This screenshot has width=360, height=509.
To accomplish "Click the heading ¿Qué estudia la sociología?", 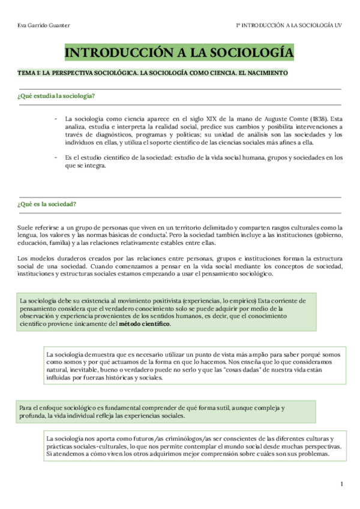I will pyautogui.click(x=56, y=96).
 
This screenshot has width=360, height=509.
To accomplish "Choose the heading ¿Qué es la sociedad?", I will pyautogui.click(x=47, y=204).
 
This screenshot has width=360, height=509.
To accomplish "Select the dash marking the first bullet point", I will pyautogui.click(x=56, y=118).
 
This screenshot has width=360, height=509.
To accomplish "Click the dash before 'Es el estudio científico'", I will pyautogui.click(x=56, y=158).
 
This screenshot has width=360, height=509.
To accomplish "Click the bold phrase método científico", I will pyautogui.click(x=145, y=324).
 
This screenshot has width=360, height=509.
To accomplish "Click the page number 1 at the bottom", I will pyautogui.click(x=341, y=484).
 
